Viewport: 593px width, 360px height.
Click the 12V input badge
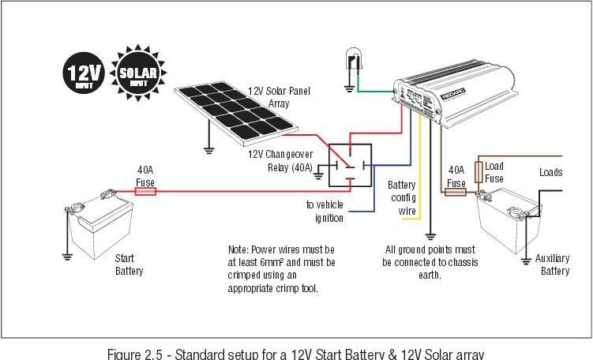point(82,76)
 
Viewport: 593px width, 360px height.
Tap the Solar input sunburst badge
point(140,76)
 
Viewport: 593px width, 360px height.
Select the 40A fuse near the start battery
point(145,191)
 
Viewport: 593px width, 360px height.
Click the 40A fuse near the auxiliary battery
point(456,191)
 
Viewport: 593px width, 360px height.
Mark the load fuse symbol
point(478,172)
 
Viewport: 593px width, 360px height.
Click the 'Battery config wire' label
point(402,197)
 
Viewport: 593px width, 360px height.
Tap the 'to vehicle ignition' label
point(325,211)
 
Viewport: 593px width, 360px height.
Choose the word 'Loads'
point(550,172)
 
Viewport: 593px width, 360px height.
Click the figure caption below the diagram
point(295,352)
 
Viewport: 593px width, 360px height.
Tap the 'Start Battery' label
point(129,264)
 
